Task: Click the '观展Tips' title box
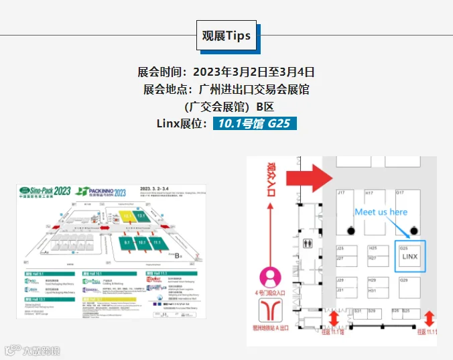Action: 226,36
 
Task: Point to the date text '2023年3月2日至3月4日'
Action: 254,72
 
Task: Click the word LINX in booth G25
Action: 409,257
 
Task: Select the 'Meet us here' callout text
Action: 381,212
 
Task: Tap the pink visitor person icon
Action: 271,276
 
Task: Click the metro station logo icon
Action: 271,309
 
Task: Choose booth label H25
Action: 373,248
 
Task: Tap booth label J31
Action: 340,290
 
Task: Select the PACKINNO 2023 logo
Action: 102,192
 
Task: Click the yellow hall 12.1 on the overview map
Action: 128,217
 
